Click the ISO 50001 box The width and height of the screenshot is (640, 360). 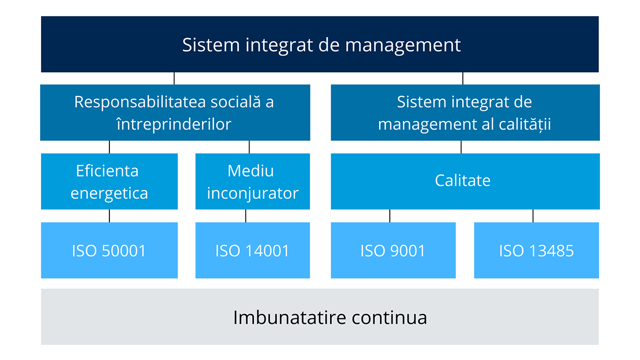[109, 250]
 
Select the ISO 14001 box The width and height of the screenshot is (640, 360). [253, 250]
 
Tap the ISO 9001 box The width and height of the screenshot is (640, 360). [393, 250]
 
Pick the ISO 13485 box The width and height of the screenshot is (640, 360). [537, 250]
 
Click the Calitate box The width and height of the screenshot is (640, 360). [465, 181]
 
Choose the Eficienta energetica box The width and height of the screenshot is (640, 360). [109, 181]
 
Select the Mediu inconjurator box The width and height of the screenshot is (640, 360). [253, 181]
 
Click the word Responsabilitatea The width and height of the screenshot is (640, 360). [140, 102]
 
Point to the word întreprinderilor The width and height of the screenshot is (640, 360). [174, 124]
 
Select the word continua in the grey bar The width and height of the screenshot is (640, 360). [389, 318]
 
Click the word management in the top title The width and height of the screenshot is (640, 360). [403, 46]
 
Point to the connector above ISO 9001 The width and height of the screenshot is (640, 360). [390, 216]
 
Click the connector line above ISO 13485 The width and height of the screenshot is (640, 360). [533, 216]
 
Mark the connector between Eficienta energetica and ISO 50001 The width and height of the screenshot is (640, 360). [109, 216]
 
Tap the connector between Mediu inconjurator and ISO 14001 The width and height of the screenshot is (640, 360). [246, 216]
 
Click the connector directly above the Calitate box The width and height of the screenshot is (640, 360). [461, 147]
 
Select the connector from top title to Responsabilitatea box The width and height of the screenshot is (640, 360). [174, 78]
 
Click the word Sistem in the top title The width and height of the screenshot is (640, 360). [211, 45]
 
